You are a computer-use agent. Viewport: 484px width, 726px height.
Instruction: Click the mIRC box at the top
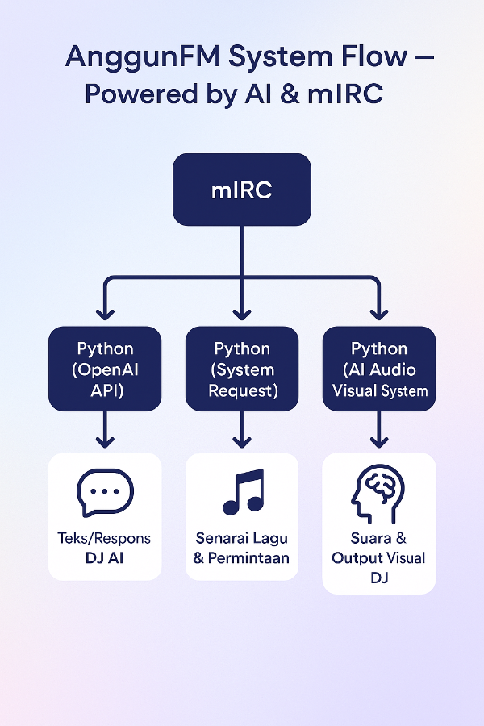pyautogui.click(x=241, y=190)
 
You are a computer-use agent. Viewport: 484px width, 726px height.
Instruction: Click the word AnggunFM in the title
pyautogui.click(x=126, y=57)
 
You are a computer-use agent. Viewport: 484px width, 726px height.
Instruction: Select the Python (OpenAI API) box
pyautogui.click(x=105, y=369)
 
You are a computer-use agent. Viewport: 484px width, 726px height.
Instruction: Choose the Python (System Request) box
pyautogui.click(x=242, y=369)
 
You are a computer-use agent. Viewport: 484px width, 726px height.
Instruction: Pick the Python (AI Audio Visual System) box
pyautogui.click(x=378, y=369)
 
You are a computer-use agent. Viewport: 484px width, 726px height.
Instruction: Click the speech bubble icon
pyautogui.click(x=105, y=492)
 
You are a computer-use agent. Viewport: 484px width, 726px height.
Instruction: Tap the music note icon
pyautogui.click(x=243, y=491)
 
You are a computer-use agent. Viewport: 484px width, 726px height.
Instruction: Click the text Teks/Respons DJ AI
pyautogui.click(x=105, y=547)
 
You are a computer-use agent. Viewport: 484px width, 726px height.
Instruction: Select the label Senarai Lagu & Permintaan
pyautogui.click(x=242, y=547)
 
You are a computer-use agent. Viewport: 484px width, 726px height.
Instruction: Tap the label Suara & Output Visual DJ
pyautogui.click(x=378, y=558)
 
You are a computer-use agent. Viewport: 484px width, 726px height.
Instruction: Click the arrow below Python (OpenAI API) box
pyautogui.click(x=105, y=431)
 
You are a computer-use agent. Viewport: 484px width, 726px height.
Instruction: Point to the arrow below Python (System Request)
pyautogui.click(x=242, y=431)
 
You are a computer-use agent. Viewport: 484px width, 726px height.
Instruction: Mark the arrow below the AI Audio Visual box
pyautogui.click(x=378, y=431)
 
